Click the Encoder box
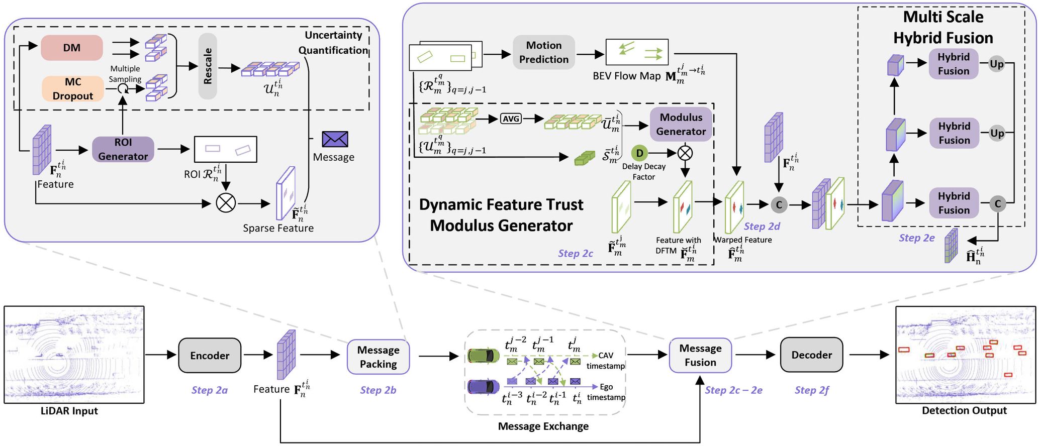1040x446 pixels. [210, 356]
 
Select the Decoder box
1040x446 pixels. [811, 355]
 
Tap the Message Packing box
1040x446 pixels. [378, 357]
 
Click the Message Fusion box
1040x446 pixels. [700, 355]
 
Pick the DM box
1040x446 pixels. [72, 48]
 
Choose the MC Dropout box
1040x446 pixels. [73, 89]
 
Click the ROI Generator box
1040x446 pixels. [123, 149]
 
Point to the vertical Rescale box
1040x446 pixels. [208, 66]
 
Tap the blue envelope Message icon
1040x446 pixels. [335, 139]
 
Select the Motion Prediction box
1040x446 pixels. [544, 52]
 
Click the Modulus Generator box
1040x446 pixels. [681, 124]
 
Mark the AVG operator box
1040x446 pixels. [511, 119]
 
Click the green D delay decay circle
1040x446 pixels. [639, 153]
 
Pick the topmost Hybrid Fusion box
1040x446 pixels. [954, 64]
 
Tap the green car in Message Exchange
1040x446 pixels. [484, 356]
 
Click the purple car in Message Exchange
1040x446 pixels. [484, 386]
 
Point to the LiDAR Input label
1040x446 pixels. [69, 411]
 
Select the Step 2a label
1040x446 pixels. [210, 390]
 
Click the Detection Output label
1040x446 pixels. [964, 411]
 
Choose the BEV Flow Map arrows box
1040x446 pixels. [637, 52]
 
